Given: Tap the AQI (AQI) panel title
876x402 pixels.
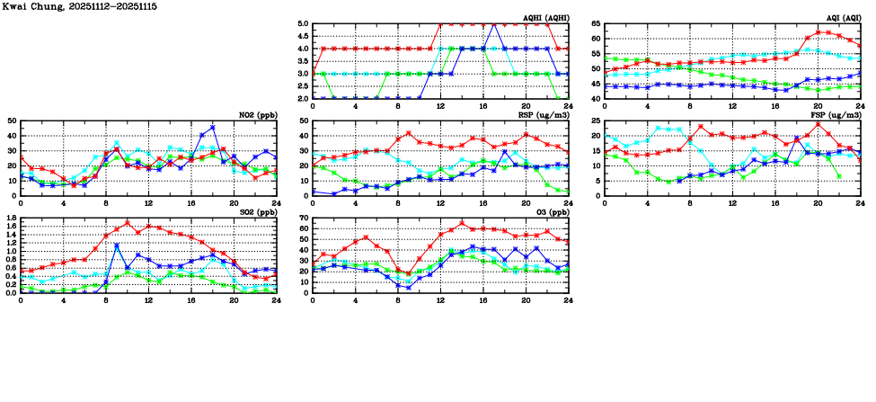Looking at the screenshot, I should click(x=842, y=17).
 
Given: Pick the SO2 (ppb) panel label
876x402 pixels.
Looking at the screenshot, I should click(x=258, y=211).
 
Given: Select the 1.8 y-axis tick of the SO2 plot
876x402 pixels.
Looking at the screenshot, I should click(x=10, y=219).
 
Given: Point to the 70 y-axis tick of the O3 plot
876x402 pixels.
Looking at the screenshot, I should click(x=304, y=219).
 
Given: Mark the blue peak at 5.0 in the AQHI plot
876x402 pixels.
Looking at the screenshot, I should click(x=493, y=24).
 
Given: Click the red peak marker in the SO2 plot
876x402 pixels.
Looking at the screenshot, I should click(x=127, y=223).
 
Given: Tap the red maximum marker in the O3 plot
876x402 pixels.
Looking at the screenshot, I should click(x=462, y=223).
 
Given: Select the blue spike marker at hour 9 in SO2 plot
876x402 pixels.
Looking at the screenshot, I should click(x=117, y=246).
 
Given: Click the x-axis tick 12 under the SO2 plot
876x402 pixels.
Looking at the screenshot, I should click(x=148, y=300).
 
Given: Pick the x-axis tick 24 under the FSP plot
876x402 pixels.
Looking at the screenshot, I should click(x=860, y=203).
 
